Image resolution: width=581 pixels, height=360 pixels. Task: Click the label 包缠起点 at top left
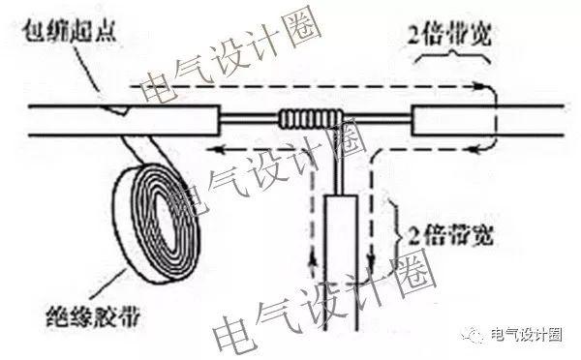[x=70, y=32]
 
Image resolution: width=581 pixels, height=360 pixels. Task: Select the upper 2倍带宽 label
[x=449, y=35]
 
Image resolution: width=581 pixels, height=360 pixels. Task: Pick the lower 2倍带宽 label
[x=451, y=235]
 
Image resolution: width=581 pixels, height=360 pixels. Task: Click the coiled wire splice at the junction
[x=311, y=118]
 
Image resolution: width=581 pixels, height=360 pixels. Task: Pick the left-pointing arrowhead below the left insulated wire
[x=215, y=150]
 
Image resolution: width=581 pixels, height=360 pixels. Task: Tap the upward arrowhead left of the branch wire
[x=313, y=260]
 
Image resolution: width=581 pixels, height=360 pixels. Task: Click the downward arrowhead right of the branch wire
[x=372, y=260]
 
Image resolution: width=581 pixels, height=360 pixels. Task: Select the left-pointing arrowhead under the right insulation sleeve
[x=474, y=150]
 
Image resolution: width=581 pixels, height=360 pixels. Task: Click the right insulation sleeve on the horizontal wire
[x=453, y=120]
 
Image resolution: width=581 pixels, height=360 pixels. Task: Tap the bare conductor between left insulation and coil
[x=250, y=118]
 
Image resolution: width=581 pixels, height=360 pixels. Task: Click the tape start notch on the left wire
[x=115, y=109]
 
